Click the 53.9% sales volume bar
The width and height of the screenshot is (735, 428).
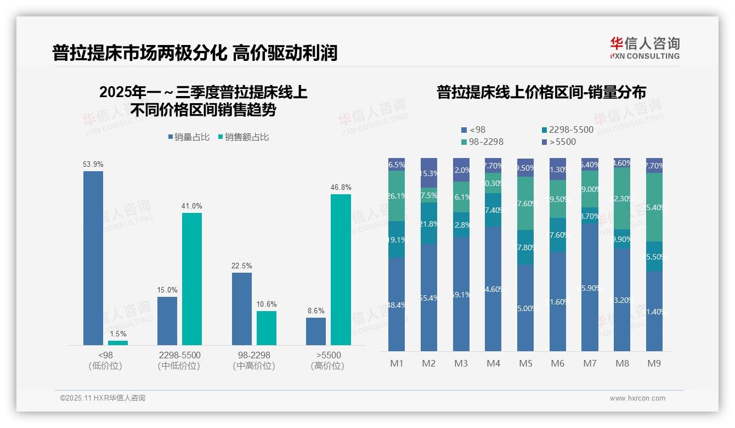pos(93,258)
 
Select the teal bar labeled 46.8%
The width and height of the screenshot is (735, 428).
pos(341,269)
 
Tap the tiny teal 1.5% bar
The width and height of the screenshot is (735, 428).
pos(118,342)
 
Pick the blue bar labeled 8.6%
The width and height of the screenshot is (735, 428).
pos(316,331)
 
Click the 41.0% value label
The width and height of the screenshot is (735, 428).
pos(192,206)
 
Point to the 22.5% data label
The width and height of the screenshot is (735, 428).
pos(242,266)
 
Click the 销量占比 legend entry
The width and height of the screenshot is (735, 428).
pos(189,137)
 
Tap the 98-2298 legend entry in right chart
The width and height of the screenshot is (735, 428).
pos(482,142)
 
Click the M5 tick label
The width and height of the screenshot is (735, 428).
pos(525,363)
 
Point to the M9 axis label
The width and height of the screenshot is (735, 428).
pos(654,363)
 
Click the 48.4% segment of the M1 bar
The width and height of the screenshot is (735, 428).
pos(396,305)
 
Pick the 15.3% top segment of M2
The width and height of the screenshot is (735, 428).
pos(429,173)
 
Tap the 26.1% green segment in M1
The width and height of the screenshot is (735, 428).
pos(396,196)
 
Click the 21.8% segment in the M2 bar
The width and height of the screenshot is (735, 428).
pos(429,223)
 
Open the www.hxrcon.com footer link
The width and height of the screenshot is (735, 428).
pos(637,398)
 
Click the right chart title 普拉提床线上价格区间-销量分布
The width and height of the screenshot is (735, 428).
pos(541,92)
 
